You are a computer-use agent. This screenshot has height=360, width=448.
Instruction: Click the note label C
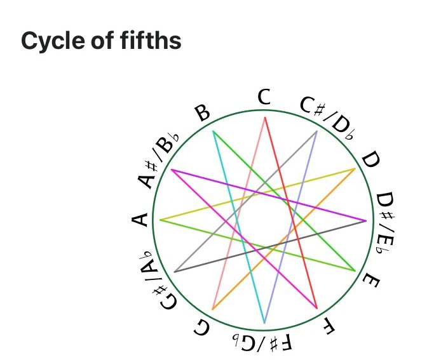click(x=264, y=98)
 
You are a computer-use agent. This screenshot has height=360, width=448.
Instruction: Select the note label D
click(x=370, y=161)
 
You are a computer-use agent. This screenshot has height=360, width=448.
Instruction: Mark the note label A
click(x=140, y=220)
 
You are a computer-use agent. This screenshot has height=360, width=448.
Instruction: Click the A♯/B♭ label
click(x=158, y=161)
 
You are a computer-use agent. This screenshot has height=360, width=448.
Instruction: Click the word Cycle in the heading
click(x=52, y=41)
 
